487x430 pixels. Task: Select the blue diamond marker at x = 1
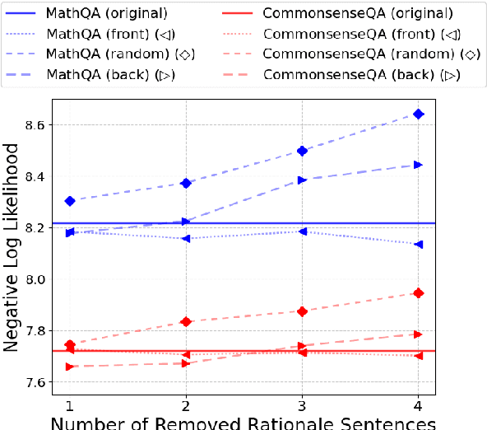coord(70,201)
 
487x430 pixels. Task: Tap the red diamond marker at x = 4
coord(418,293)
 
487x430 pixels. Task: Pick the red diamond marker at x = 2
coord(186,321)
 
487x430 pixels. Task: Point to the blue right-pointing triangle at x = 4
coord(418,165)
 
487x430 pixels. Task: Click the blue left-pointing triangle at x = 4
coord(418,245)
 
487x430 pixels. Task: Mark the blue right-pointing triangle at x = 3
coord(302,180)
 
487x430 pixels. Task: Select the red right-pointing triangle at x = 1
coord(70,366)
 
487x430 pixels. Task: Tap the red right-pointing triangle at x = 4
coord(418,334)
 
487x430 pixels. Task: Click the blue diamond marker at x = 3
coord(302,151)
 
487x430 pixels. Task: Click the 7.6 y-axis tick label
coord(33,382)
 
